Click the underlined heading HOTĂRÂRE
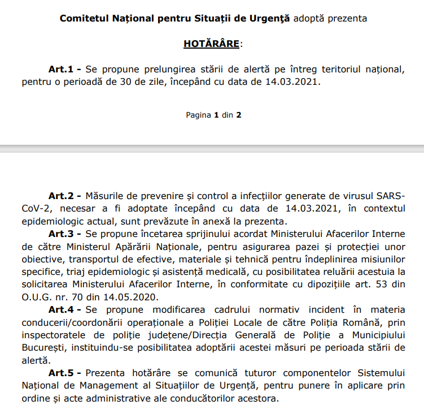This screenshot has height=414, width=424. tap(211, 43)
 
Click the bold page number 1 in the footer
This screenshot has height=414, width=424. tap(216, 115)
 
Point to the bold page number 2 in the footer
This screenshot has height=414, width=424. tap(239, 115)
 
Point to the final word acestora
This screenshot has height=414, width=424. tap(257, 398)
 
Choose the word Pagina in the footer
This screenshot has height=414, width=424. tap(198, 115)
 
